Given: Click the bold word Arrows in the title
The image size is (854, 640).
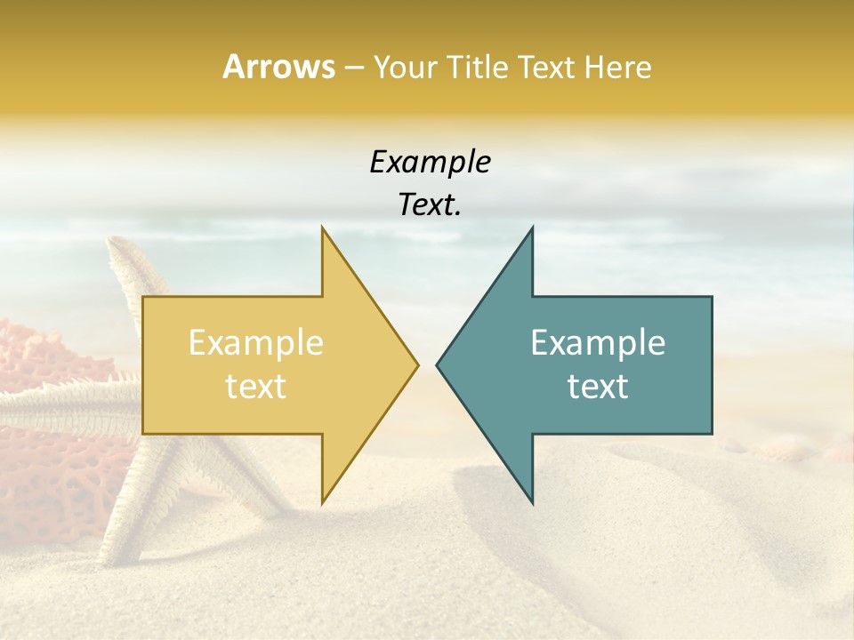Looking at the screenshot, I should (x=278, y=67).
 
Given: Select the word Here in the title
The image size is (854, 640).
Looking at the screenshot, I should (x=617, y=67).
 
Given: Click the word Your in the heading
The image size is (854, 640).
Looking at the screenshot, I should (x=404, y=68).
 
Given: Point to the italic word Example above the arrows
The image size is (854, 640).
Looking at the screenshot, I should (x=430, y=162).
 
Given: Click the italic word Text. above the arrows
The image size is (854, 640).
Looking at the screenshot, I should (x=430, y=204).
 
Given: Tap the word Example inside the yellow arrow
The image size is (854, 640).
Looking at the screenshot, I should (x=255, y=342).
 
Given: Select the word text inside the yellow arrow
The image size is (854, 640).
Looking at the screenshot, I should (x=255, y=386).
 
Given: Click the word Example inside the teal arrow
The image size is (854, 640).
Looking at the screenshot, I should (x=598, y=342).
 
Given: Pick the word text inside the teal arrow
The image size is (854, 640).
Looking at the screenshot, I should (x=598, y=386).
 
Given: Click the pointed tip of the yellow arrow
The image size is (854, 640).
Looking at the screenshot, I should (x=416, y=364).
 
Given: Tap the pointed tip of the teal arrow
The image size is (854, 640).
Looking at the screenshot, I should (x=438, y=364).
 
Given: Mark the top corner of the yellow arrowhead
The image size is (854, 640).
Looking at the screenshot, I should (x=322, y=228).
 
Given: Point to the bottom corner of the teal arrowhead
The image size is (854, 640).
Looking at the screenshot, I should (x=532, y=502).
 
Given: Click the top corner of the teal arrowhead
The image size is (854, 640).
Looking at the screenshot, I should (x=532, y=228).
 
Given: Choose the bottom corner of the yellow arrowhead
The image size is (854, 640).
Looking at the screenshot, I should (x=322, y=502).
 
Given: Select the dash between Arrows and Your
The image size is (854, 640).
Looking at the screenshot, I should (x=353, y=68).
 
